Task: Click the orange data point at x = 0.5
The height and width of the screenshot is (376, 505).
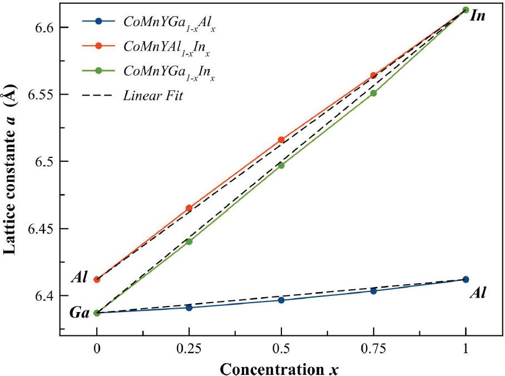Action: tap(281, 140)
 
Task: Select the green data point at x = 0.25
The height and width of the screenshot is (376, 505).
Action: tap(189, 241)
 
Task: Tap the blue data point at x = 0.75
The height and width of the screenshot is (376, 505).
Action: tap(373, 291)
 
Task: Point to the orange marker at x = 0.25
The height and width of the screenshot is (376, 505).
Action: tap(189, 208)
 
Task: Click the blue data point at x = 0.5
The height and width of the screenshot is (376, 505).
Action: tap(281, 300)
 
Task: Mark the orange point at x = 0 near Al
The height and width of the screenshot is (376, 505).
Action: tap(97, 279)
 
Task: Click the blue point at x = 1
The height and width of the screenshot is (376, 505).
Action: tap(466, 279)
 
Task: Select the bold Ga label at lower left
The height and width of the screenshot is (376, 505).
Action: tap(80, 313)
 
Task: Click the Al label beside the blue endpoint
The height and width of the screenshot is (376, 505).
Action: tap(478, 293)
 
